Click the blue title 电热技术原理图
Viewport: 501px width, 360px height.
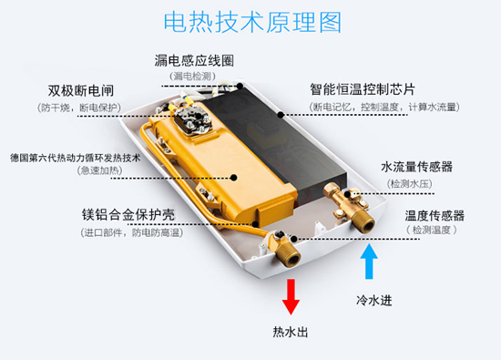[252, 22]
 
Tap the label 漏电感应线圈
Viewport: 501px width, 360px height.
[194, 60]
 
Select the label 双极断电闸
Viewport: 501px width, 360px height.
[81, 91]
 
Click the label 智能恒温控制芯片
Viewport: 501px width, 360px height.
[363, 89]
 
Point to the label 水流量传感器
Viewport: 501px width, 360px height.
[416, 167]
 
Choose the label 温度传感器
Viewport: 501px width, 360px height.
[435, 216]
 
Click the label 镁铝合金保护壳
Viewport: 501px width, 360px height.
[128, 214]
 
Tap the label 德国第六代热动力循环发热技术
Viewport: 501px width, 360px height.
[75, 158]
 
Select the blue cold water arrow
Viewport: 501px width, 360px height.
[369, 262]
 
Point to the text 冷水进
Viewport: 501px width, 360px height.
[373, 301]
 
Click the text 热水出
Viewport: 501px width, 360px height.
[291, 332]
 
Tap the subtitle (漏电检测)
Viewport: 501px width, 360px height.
[192, 76]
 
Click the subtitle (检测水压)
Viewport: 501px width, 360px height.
[409, 184]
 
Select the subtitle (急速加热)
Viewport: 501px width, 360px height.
[99, 170]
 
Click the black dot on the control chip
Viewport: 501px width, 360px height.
[281, 115]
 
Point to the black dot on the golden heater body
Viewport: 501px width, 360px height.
[234, 178]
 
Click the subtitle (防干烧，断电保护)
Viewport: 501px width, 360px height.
[79, 108]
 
